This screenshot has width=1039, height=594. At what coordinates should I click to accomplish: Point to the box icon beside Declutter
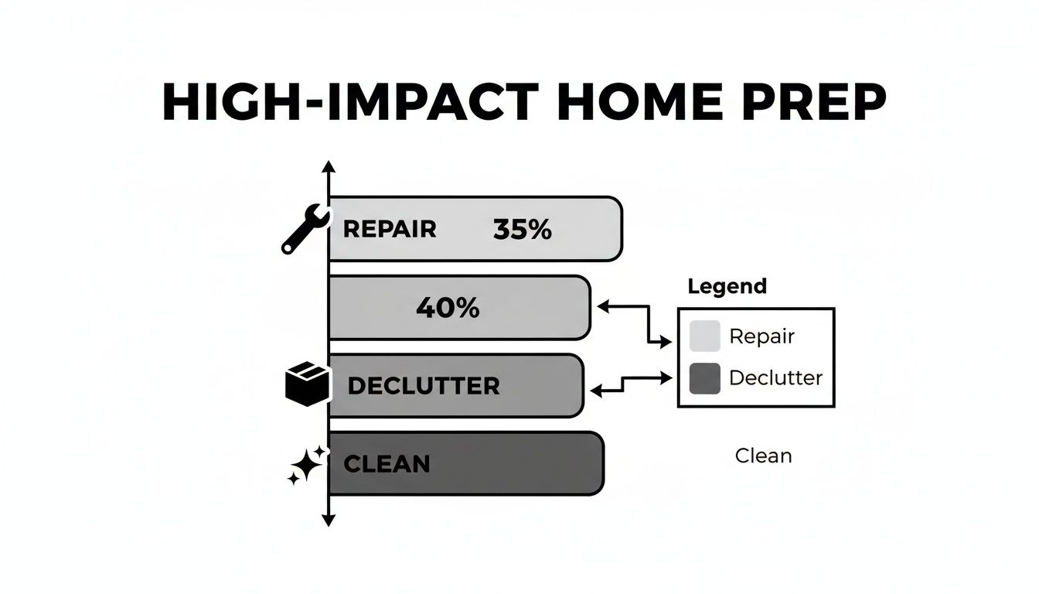click(x=307, y=385)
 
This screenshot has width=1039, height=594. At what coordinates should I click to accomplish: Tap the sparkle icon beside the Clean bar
click(x=305, y=465)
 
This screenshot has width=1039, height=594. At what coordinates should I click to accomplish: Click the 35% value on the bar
click(x=522, y=229)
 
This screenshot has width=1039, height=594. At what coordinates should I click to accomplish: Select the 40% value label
click(x=448, y=309)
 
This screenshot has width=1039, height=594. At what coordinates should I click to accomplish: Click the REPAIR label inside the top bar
click(x=389, y=229)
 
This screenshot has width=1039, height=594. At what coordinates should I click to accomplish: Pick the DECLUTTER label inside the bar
click(x=423, y=386)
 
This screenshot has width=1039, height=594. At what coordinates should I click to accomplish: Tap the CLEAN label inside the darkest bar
click(x=386, y=464)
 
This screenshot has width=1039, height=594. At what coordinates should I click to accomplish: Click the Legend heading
click(x=727, y=286)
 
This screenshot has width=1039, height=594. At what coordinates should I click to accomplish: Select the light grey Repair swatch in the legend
click(x=704, y=336)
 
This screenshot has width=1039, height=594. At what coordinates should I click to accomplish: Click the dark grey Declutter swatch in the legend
click(x=704, y=378)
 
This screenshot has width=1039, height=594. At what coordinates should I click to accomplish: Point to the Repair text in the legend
click(x=761, y=336)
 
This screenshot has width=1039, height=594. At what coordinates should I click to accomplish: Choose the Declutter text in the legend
click(x=775, y=378)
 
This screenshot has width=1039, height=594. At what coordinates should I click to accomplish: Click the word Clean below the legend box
click(x=763, y=456)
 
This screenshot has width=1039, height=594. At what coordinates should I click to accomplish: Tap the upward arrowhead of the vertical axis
click(x=329, y=166)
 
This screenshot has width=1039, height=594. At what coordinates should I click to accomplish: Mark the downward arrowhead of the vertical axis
click(x=329, y=521)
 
